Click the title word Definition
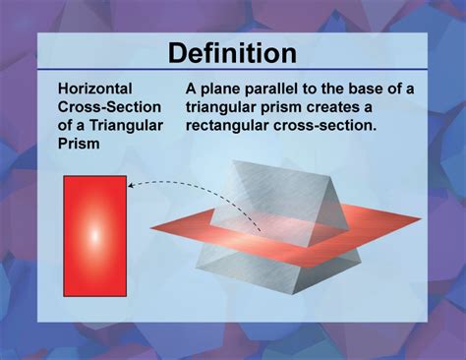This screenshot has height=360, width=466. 232,52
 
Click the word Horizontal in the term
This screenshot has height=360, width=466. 95,90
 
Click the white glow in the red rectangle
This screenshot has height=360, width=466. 95,236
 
